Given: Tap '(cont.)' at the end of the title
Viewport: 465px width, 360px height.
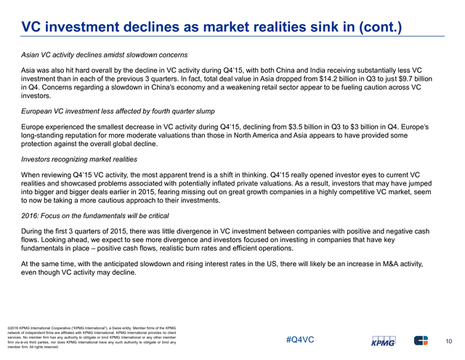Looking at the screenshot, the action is (381, 28).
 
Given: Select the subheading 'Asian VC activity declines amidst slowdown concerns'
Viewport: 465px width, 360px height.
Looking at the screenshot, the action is (105, 55).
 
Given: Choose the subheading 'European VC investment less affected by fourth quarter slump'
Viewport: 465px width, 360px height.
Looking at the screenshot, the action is (118, 111).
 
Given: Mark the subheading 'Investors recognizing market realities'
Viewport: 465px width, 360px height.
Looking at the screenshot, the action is (79, 159).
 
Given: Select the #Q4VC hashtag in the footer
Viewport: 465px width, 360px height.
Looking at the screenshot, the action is (300, 340).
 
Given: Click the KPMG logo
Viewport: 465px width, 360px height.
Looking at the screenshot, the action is (384, 341).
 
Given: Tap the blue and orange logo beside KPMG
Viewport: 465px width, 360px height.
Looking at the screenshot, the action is (421, 340).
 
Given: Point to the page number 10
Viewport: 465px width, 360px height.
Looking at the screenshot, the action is (449, 341).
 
